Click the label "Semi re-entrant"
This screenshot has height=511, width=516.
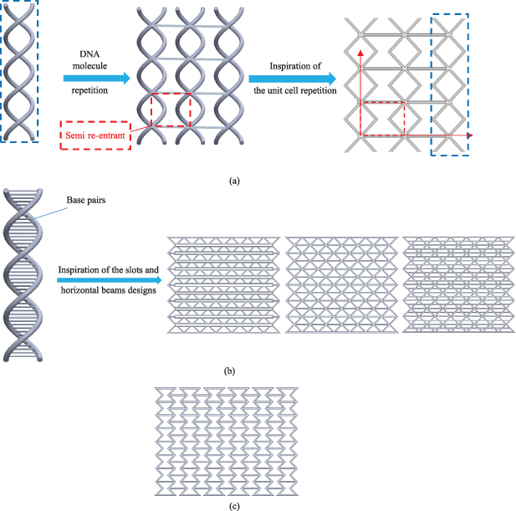(x=95, y=136)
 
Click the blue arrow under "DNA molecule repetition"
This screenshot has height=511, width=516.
(x=96, y=79)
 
